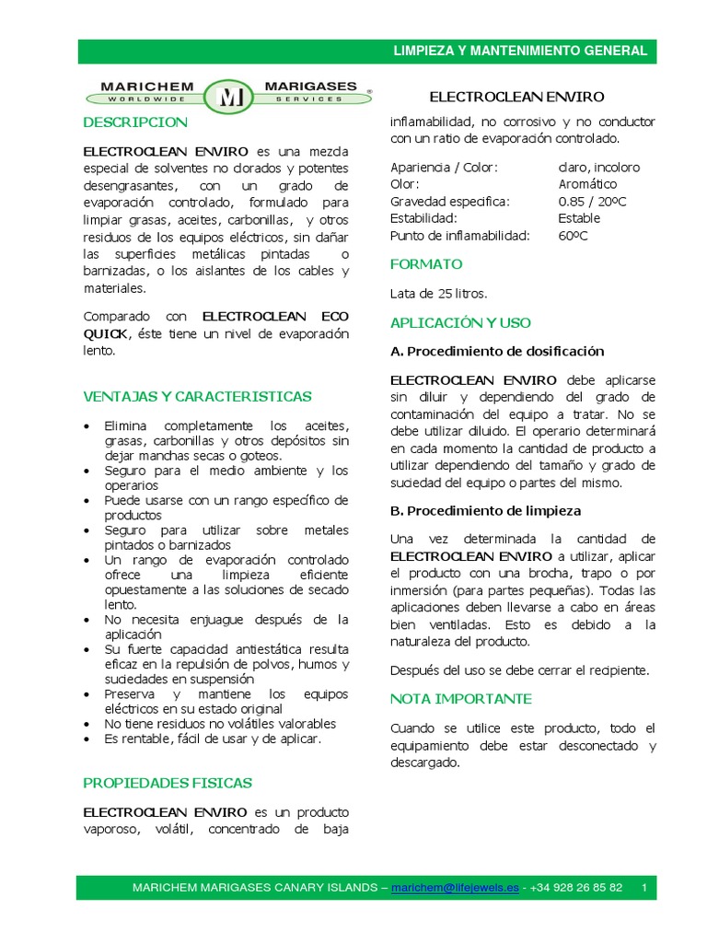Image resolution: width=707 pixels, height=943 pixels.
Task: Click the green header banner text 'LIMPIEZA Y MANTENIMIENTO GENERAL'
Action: (520, 51)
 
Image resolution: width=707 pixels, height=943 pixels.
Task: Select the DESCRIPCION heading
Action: (135, 122)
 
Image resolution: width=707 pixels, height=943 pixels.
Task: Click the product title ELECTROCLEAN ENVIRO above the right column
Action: (517, 97)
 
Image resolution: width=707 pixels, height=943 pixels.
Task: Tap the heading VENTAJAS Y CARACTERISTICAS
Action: (197, 397)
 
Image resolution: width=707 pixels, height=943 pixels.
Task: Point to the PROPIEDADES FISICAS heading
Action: (168, 783)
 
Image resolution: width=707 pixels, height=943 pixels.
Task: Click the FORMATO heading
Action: (425, 264)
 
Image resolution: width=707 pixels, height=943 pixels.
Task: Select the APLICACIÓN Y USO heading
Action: (460, 323)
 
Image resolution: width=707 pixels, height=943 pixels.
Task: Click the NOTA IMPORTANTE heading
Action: (460, 699)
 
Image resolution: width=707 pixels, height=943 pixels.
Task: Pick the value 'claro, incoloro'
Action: (598, 168)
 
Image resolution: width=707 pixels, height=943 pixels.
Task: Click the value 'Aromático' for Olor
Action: (587, 184)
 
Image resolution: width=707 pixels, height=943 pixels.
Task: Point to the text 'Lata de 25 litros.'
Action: (439, 294)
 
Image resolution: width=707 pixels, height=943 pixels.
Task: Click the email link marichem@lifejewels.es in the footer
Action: (455, 888)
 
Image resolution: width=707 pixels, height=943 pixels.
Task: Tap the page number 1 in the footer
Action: (644, 888)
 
